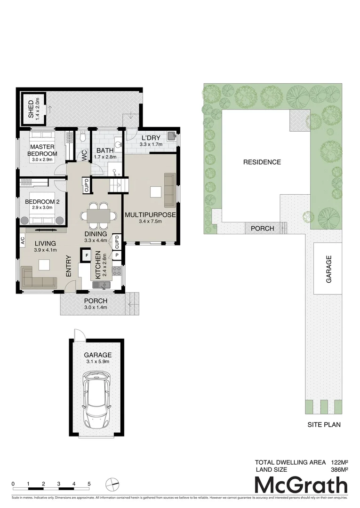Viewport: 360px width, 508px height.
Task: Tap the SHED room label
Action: [32, 109]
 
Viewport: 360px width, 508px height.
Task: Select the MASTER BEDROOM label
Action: [42, 150]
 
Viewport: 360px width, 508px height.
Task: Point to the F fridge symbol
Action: [87, 256]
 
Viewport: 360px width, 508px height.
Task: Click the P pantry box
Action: [117, 255]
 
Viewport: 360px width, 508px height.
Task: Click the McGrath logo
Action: [301, 485]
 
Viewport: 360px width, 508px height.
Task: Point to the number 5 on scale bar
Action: [89, 484]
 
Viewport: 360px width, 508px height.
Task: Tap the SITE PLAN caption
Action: [324, 424]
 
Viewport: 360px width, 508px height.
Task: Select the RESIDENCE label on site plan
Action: [262, 162]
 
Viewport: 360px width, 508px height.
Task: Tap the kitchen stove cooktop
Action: [116, 271]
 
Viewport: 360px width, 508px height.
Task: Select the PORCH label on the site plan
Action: [262, 229]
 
